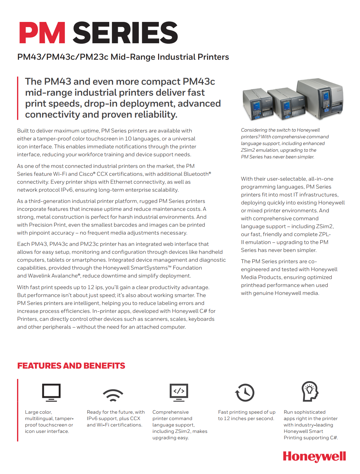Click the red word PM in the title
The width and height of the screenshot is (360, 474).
pyautogui.click(x=42, y=33)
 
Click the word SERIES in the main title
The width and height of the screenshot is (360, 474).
pyautogui.click(x=125, y=33)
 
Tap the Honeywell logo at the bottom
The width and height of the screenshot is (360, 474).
pyautogui.click(x=314, y=457)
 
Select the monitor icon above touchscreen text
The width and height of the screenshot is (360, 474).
pyautogui.click(x=51, y=392)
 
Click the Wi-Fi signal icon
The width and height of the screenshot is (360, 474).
pyautogui.click(x=113, y=395)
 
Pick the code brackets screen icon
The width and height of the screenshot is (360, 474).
pyautogui.click(x=179, y=392)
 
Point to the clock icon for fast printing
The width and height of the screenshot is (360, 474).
pyautogui.click(x=245, y=392)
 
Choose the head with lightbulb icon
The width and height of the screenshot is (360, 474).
pyautogui.click(x=310, y=391)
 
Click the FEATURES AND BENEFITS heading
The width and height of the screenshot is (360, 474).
pyautogui.click(x=71, y=366)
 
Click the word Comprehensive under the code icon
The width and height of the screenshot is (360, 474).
pyautogui.click(x=170, y=412)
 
